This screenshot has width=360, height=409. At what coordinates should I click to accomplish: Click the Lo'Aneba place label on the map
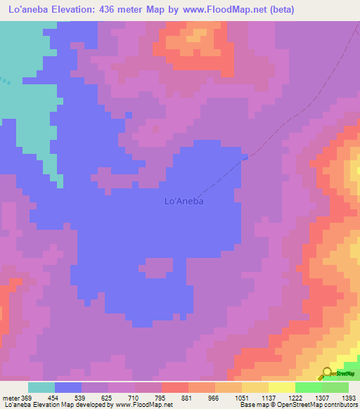pyautogui.click(x=184, y=201)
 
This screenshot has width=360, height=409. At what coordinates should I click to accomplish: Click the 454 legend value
pyautogui.click(x=55, y=398)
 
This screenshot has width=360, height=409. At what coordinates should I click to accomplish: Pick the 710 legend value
pyautogui.click(x=135, y=398)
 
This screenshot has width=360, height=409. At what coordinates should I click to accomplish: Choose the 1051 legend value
pyautogui.click(x=241, y=398)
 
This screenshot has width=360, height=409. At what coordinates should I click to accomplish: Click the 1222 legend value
pyautogui.click(x=295, y=398)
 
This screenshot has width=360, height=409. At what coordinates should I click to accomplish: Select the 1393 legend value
pyautogui.click(x=348, y=398)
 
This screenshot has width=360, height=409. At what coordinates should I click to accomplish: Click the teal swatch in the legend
pyautogui.click(x=41, y=387)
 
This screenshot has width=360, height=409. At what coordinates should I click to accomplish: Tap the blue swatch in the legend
pyautogui.click(x=68, y=387)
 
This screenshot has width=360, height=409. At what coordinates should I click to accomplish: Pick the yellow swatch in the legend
pyautogui.click(x=281, y=387)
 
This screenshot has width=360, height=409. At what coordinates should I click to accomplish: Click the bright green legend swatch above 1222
pyautogui.click(x=308, y=387)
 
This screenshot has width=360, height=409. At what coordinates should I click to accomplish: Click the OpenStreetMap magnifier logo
pyautogui.click(x=326, y=374)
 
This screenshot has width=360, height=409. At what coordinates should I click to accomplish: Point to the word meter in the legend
pyautogui.click(x=11, y=398)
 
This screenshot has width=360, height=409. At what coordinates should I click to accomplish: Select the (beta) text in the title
pyautogui.click(x=279, y=9)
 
